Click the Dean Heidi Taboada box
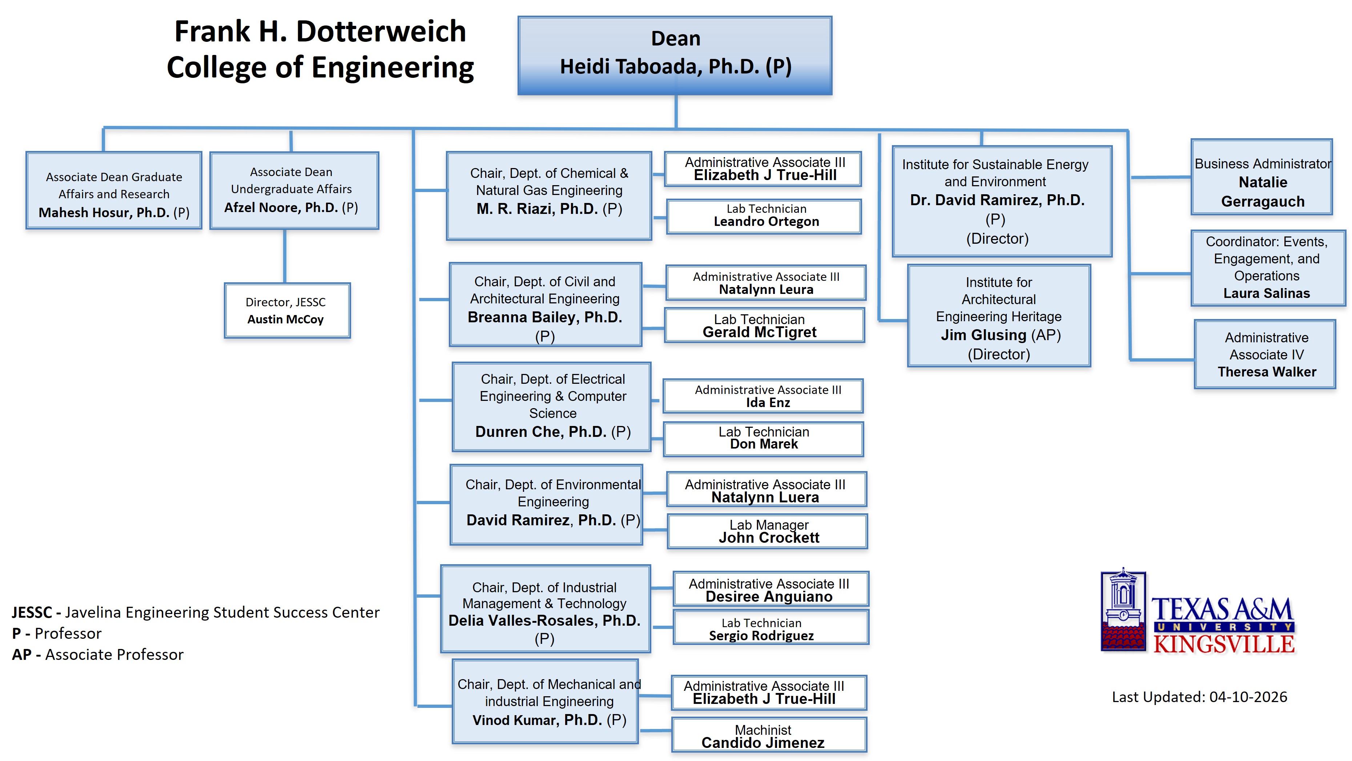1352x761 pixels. coord(675,55)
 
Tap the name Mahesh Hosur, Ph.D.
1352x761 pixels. coord(104,213)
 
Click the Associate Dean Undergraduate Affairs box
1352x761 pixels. coord(294,190)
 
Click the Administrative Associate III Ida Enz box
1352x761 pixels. coord(762,396)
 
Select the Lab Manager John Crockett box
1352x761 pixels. coord(767,531)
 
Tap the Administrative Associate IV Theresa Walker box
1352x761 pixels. coord(1264,355)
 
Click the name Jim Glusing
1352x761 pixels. coord(983,335)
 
